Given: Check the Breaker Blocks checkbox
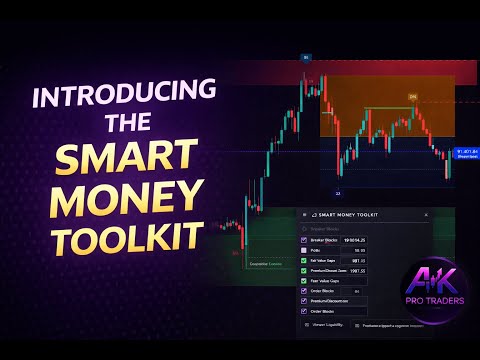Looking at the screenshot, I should [x=305, y=240].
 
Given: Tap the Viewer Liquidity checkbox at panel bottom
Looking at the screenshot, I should [x=305, y=324].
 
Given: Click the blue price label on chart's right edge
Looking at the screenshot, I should [x=464, y=154].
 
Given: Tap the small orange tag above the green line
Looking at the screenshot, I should [x=412, y=97].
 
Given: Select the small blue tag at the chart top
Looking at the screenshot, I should [x=306, y=58].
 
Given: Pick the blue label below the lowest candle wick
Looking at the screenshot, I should [x=338, y=193].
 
